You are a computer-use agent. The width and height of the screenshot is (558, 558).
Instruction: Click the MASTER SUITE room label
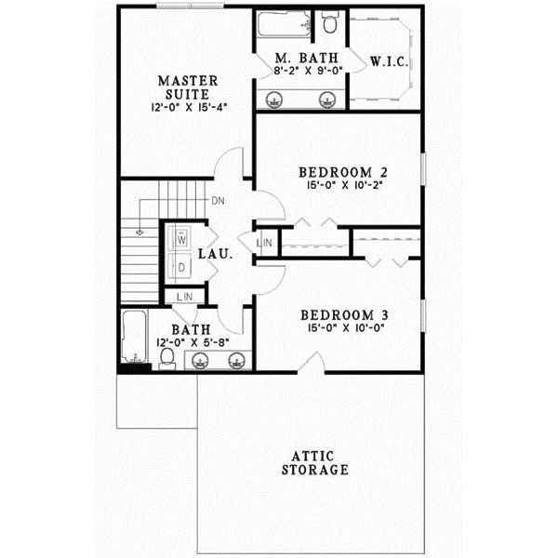click(188, 86)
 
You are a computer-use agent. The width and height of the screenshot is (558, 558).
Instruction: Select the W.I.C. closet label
click(386, 62)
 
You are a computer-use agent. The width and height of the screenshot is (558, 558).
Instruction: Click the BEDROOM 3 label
click(343, 314)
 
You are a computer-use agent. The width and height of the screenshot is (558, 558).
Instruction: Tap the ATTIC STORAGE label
click(317, 463)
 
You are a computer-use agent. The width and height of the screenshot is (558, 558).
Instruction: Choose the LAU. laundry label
click(215, 253)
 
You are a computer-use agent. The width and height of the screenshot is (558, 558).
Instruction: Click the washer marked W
click(182, 238)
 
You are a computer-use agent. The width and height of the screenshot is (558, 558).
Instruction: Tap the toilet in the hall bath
click(167, 357)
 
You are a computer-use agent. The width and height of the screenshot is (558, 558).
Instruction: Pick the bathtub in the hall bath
click(131, 339)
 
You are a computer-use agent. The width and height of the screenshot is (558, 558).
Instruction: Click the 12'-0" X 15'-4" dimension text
click(188, 107)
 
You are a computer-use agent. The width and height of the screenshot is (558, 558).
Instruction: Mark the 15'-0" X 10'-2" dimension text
click(342, 185)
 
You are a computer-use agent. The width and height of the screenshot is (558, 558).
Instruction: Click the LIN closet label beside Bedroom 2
click(265, 244)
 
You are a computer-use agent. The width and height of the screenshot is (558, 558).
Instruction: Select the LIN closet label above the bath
click(184, 297)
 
